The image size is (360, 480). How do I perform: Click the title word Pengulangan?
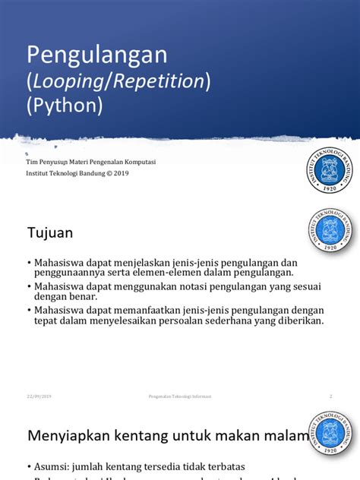click(x=96, y=55)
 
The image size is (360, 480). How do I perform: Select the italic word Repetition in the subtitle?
click(x=160, y=81)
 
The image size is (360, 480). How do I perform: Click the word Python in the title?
click(x=65, y=106)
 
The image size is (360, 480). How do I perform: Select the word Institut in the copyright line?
click(x=39, y=173)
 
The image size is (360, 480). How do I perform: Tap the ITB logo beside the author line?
click(x=330, y=171)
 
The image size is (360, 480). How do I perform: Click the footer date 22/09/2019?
click(x=39, y=396)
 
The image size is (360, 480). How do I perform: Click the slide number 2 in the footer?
click(x=331, y=396)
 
